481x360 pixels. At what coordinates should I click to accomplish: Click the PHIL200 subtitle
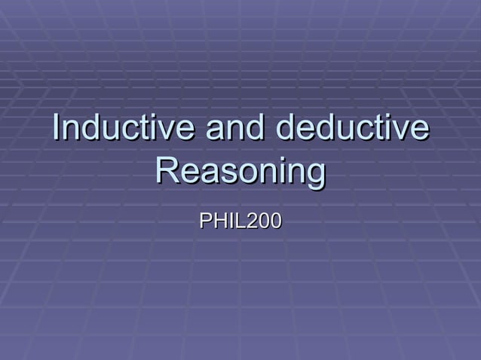coord(240,221)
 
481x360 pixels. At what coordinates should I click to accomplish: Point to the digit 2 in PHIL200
coord(250,221)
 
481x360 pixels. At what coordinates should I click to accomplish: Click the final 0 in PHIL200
coord(275,221)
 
